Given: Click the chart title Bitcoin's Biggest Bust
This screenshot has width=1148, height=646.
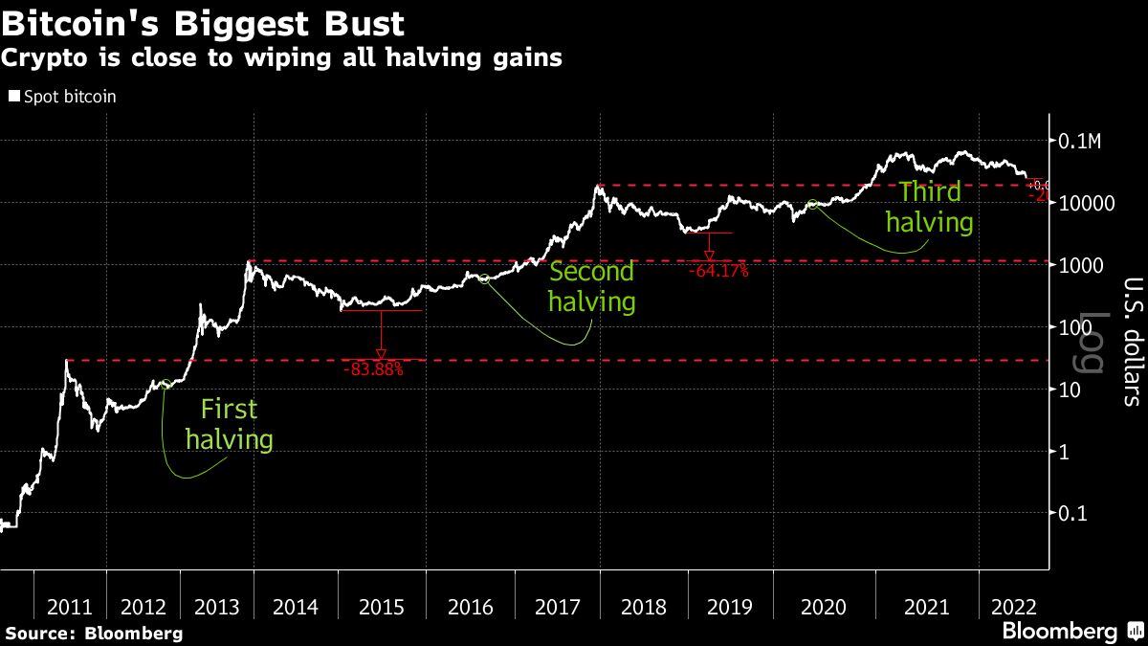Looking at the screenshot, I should click(203, 22).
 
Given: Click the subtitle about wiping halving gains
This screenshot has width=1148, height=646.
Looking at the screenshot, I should click(281, 57).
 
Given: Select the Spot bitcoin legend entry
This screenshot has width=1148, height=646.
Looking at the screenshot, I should click(62, 97).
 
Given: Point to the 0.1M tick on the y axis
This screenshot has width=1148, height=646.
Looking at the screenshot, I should click(1081, 142).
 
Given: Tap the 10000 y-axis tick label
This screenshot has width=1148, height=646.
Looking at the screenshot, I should click(1082, 204).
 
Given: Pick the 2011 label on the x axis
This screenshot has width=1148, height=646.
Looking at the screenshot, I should click(70, 607).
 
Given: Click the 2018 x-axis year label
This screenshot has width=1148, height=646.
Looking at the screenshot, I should click(645, 607).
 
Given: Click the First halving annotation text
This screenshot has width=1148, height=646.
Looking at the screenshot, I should click(229, 425).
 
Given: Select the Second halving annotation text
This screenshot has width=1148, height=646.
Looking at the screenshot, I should click(591, 287).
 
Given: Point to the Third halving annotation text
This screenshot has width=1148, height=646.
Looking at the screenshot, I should click(929, 208).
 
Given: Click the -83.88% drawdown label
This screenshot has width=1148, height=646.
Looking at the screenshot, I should click(373, 368).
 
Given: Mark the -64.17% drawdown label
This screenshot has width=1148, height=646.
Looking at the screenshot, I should click(717, 271).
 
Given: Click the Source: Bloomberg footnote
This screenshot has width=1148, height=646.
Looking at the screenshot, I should click(94, 634).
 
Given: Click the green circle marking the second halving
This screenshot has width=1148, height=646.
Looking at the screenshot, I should click(484, 278).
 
